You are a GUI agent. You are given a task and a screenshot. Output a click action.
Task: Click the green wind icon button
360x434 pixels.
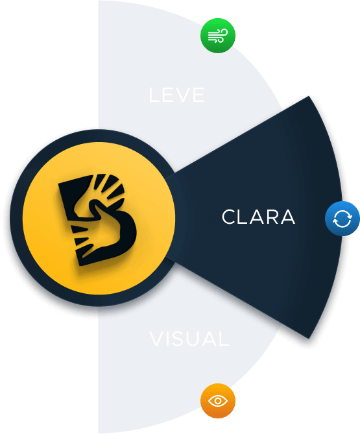click(x=218, y=36)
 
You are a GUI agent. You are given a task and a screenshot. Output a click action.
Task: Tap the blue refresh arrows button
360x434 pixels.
click(x=342, y=219)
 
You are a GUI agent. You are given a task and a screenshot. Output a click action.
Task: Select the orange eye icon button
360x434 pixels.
click(x=218, y=401)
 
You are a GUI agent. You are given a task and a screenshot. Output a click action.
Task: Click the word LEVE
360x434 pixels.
click(x=176, y=95)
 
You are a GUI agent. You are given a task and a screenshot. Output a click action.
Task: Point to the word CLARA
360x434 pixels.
click(x=258, y=217)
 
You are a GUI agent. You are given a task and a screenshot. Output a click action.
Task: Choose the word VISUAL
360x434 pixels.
click(x=189, y=339)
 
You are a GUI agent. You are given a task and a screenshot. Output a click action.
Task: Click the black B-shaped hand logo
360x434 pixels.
click(x=97, y=219)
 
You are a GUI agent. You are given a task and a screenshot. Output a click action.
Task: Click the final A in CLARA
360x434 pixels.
click(x=287, y=217)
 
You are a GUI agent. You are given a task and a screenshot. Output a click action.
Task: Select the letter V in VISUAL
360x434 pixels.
click(x=157, y=339)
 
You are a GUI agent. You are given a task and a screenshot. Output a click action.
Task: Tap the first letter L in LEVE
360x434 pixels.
click(x=154, y=95)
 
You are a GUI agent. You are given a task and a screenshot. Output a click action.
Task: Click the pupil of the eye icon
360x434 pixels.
click(x=218, y=401)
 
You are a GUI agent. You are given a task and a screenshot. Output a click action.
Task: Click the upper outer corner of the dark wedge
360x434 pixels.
click(x=309, y=96)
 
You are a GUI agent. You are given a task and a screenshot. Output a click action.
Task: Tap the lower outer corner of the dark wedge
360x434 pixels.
click(x=309, y=338)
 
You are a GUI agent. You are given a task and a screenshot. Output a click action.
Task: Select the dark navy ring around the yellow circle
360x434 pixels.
click(x=16, y=217)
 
